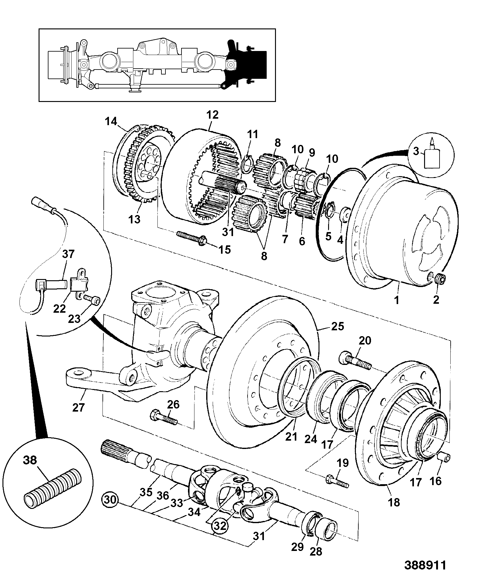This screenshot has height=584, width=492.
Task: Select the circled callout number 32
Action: point(220,526)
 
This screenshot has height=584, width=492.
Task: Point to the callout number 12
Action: point(213,115)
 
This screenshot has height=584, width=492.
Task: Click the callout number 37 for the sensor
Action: point(69,254)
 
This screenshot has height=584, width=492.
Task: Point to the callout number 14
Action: point(111,121)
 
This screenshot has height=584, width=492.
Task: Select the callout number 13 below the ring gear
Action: point(134,219)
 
